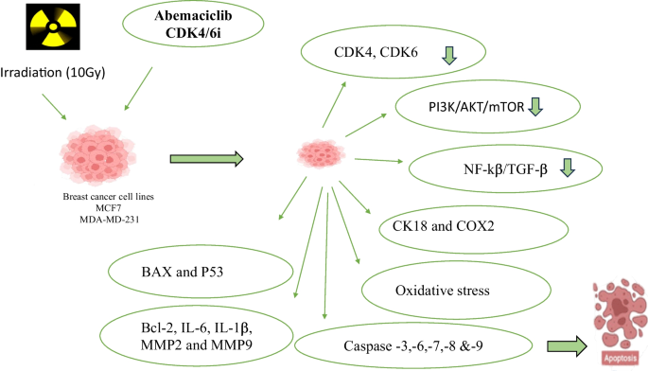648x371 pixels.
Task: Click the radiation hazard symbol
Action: pyautogui.click(x=53, y=26)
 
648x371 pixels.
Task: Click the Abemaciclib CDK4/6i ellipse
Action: pyautogui.click(x=193, y=24)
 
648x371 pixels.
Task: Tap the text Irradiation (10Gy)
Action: pyautogui.click(x=52, y=72)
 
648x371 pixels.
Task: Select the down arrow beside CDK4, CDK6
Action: pyautogui.click(x=449, y=56)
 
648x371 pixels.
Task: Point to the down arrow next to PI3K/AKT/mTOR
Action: pyautogui.click(x=535, y=107)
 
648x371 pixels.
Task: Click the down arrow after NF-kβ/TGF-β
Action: pyautogui.click(x=568, y=168)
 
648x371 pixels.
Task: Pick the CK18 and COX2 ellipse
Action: pyautogui.click(x=474, y=230)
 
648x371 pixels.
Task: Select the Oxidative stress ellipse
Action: pyautogui.click(x=456, y=290)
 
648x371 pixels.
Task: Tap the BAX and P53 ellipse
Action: pyautogui.click(x=201, y=272)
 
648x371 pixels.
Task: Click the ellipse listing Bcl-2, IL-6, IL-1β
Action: pyautogui.click(x=197, y=335)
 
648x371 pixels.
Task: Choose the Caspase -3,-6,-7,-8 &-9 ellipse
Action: pyautogui.click(x=413, y=345)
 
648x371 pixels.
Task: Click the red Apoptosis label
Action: pyautogui.click(x=620, y=358)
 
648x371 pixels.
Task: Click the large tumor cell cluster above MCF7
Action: pyautogui.click(x=97, y=155)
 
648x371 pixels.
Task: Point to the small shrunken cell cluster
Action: pyautogui.click(x=321, y=154)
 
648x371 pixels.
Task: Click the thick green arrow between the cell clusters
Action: pyautogui.click(x=207, y=159)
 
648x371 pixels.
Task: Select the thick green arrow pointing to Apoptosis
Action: pyautogui.click(x=567, y=345)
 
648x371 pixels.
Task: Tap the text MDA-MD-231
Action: pyautogui.click(x=109, y=220)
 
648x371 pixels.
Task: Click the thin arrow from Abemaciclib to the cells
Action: pyautogui.click(x=138, y=89)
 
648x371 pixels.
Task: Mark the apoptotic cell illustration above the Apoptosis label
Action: pyautogui.click(x=620, y=315)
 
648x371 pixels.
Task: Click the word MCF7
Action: pyautogui.click(x=108, y=208)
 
